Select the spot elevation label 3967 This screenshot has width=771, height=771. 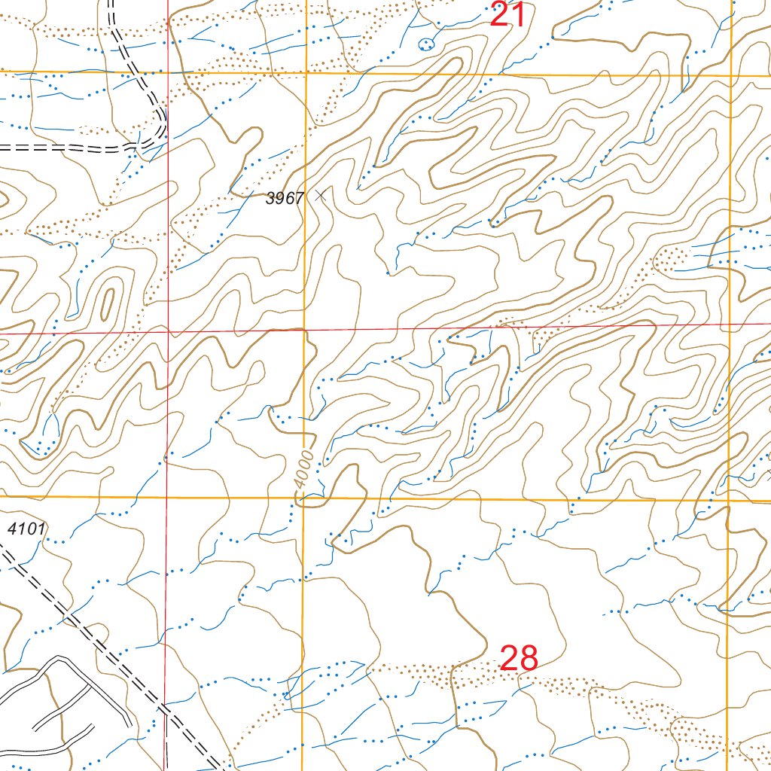coord(285,199)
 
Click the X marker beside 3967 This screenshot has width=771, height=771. coord(322,195)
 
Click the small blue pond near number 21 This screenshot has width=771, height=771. coord(428,43)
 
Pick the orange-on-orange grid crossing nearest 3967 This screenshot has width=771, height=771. coord(306,74)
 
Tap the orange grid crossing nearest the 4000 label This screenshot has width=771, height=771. coord(303,498)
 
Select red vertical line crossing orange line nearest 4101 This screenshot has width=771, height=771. coord(167,497)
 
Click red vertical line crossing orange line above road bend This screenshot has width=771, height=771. coord(167,72)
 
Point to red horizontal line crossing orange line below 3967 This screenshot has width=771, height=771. coord(304,330)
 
